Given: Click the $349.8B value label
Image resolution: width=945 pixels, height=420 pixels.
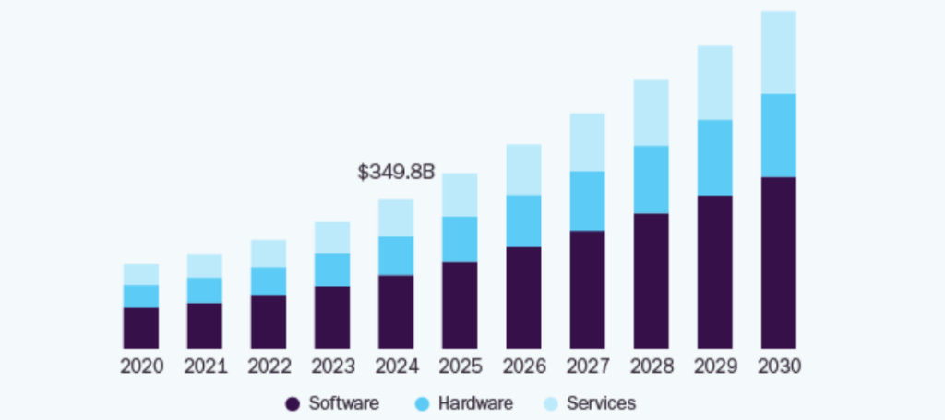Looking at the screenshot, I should click(x=396, y=172).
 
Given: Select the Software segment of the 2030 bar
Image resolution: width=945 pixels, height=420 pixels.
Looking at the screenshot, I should click(x=778, y=262).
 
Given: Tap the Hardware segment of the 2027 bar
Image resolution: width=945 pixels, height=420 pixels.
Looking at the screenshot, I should click(x=587, y=200).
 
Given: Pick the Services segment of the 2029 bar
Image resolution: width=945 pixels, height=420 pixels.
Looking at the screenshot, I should click(x=714, y=82).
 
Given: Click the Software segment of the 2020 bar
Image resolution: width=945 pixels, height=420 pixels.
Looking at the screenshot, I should click(x=141, y=328).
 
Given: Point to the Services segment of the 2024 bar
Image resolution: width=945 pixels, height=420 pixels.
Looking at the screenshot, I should click(x=396, y=218).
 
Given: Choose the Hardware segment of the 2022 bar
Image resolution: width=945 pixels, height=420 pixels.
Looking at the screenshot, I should click(x=269, y=282).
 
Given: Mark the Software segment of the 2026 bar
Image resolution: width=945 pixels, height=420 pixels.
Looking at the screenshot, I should click(x=523, y=297).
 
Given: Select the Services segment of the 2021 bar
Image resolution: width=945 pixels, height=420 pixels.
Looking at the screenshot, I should click(x=205, y=266).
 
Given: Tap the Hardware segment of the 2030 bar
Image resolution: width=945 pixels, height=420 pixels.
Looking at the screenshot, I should click(x=778, y=135).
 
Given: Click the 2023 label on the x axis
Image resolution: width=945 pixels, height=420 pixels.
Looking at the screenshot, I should click(x=332, y=366).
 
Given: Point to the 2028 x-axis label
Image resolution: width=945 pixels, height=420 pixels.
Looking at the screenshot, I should click(x=651, y=366).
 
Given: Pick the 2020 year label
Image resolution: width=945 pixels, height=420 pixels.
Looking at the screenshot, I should click(x=141, y=366).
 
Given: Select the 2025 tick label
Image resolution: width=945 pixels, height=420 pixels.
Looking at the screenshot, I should click(x=460, y=366).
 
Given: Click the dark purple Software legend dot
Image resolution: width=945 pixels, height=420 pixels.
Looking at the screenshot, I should click(x=293, y=403).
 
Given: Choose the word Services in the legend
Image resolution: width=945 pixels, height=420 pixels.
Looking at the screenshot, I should click(x=601, y=403).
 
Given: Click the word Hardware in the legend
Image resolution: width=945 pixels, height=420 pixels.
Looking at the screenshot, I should click(x=475, y=403).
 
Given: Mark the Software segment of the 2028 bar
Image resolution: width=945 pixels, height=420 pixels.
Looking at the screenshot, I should click(x=651, y=281).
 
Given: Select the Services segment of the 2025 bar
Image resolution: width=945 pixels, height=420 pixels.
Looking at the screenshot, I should click(x=460, y=195).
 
